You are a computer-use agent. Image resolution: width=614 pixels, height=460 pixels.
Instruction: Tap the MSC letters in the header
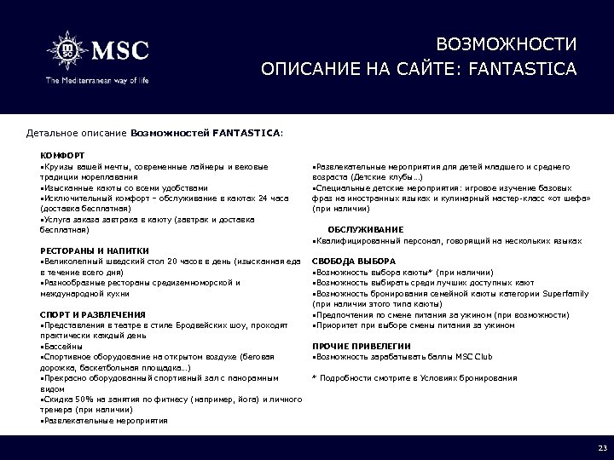point(120,50)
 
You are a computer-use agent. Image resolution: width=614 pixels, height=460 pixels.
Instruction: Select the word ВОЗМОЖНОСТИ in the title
point(506,43)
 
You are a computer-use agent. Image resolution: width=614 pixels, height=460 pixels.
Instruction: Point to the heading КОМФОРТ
point(59,155)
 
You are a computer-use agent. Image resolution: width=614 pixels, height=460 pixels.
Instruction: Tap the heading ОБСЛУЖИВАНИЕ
point(366,229)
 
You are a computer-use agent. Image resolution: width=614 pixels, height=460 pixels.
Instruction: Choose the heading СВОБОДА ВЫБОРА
point(354,261)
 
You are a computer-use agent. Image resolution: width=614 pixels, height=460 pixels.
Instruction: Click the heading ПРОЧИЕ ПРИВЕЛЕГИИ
point(362,346)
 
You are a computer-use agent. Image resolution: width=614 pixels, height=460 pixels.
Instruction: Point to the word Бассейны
point(63,347)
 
